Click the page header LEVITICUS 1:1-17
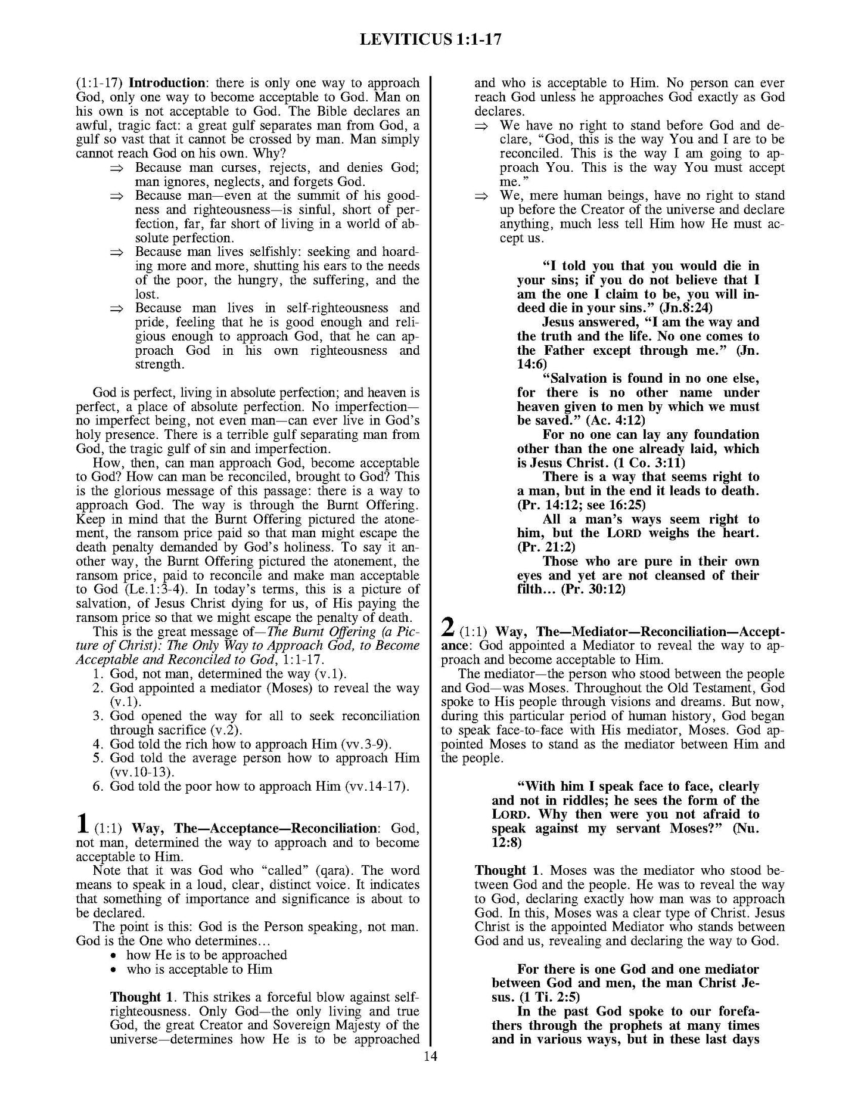tap(430, 39)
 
